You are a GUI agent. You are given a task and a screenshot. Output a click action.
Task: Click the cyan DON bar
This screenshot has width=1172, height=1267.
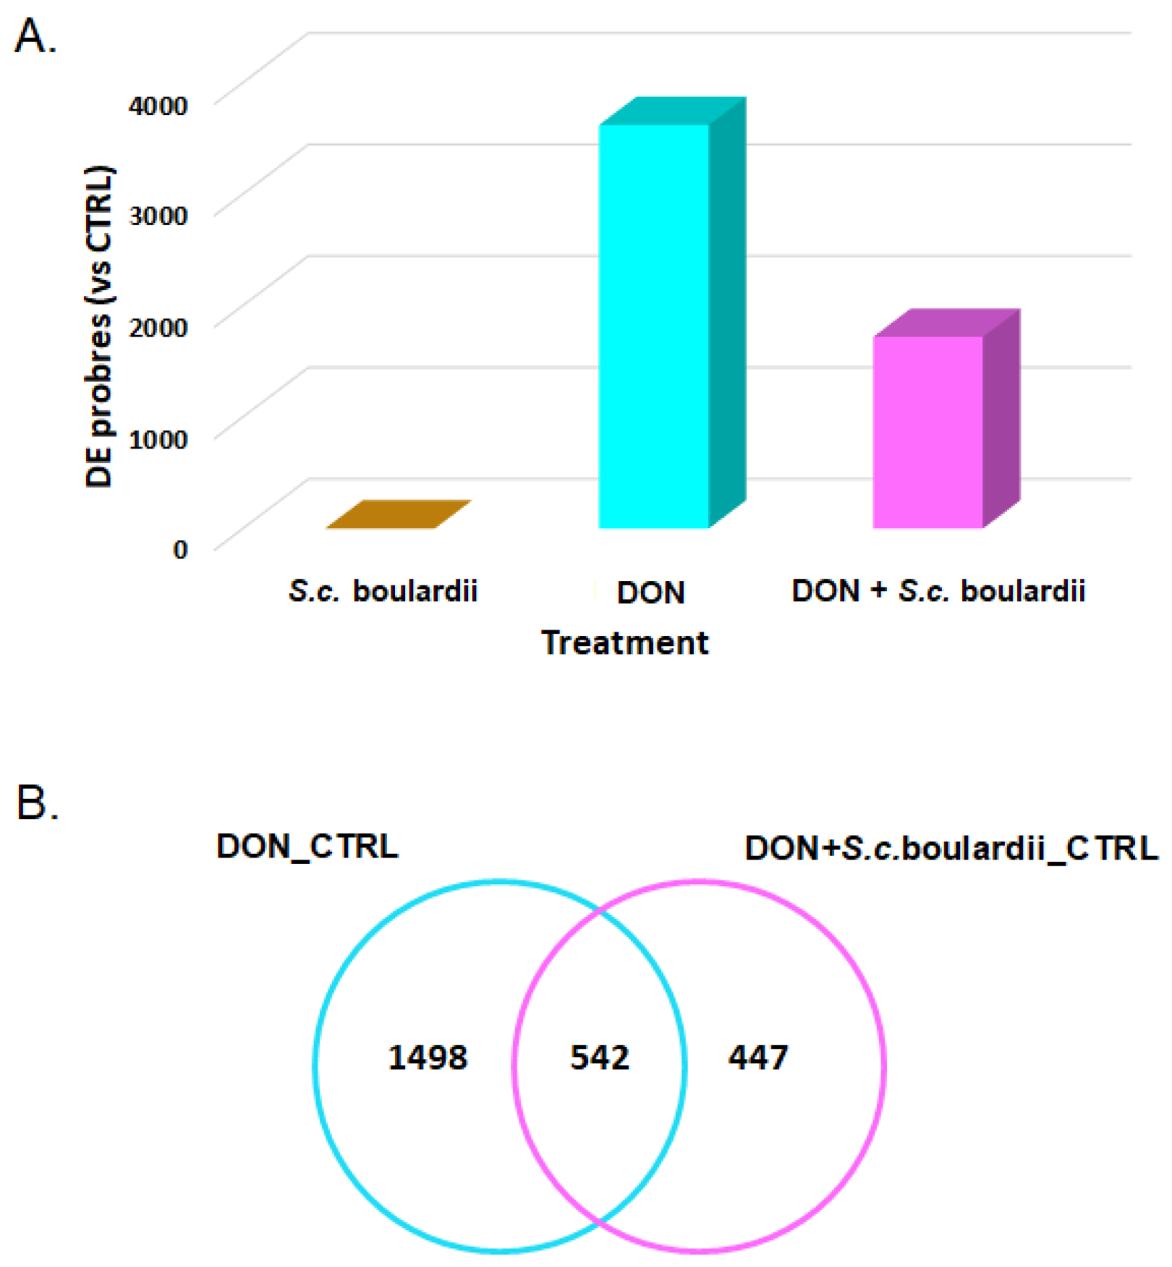653,326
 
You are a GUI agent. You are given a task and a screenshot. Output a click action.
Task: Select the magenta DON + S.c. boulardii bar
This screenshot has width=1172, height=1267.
927,432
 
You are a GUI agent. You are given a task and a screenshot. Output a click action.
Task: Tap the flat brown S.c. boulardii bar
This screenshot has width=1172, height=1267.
398,514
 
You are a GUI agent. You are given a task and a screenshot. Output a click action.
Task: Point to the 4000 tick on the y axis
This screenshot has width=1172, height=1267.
158,106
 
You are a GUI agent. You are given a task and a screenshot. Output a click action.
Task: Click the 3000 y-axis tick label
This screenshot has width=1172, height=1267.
158,215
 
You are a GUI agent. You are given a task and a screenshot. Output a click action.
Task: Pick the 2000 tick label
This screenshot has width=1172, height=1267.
158,326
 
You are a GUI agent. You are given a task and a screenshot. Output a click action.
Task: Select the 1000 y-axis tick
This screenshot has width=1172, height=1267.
158,438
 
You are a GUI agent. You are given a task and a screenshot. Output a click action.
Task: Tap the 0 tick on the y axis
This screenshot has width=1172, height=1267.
179,548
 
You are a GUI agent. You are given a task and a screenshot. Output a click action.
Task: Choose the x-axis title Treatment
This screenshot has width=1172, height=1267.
624,643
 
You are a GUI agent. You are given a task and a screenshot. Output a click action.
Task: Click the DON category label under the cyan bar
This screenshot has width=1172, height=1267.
650,593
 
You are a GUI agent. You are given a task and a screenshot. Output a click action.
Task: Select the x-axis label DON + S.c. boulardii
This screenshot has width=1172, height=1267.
938,591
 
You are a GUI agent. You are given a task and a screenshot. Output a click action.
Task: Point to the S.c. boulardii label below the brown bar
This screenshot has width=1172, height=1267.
383,591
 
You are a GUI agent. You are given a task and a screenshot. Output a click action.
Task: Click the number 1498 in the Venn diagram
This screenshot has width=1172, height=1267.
428,1058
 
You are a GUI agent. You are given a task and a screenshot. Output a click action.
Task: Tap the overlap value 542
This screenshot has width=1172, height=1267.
600,1058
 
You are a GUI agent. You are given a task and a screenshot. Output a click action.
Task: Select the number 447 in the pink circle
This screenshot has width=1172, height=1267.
757,1058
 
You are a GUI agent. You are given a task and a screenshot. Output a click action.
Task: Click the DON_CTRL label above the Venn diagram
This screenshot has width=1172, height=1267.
307,846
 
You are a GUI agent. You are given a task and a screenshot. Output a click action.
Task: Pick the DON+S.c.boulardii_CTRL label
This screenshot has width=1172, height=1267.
951,848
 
